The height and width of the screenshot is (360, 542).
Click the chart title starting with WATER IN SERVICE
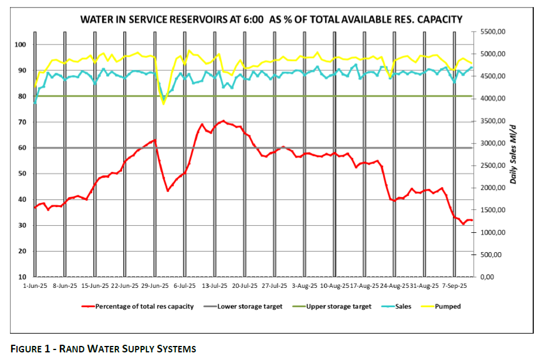tap(271, 20)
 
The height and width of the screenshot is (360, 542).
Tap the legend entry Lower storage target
tap(250, 306)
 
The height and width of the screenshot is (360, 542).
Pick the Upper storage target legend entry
tap(338, 306)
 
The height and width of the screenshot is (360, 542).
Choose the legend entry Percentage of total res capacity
tap(144, 306)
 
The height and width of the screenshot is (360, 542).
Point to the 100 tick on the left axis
tap(21, 45)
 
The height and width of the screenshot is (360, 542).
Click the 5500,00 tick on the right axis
tap(493, 32)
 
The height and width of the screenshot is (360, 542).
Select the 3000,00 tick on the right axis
tap(493, 144)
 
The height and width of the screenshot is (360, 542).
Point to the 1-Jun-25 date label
tap(34, 287)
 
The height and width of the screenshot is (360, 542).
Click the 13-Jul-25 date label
tap(214, 287)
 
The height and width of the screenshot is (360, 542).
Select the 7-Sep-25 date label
tap(455, 287)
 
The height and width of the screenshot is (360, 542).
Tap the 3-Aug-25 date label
tap(304, 287)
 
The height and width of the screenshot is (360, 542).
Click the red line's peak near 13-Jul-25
tap(223, 121)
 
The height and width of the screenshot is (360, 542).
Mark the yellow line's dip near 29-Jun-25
tap(164, 104)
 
